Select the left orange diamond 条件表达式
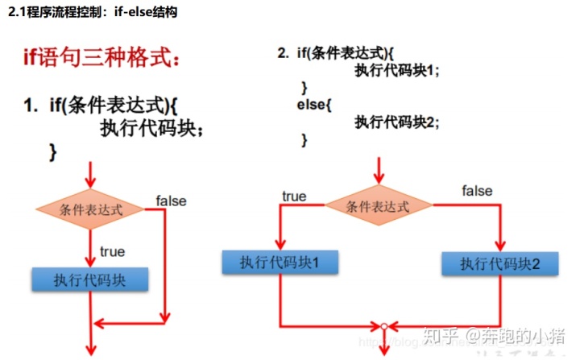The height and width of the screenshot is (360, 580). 91,209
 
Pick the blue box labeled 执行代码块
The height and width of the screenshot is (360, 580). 90,279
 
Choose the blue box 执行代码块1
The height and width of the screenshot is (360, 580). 280,262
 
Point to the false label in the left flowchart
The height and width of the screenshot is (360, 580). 171,201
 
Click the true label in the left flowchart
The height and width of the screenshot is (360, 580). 113,251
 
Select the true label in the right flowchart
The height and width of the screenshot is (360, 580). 293,196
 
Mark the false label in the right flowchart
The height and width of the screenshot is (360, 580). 478,191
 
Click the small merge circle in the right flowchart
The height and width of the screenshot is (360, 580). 385,326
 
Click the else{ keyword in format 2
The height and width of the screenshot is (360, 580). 314,104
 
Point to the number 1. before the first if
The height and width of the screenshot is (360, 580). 31,105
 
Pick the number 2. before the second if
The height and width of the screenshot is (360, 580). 283,53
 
